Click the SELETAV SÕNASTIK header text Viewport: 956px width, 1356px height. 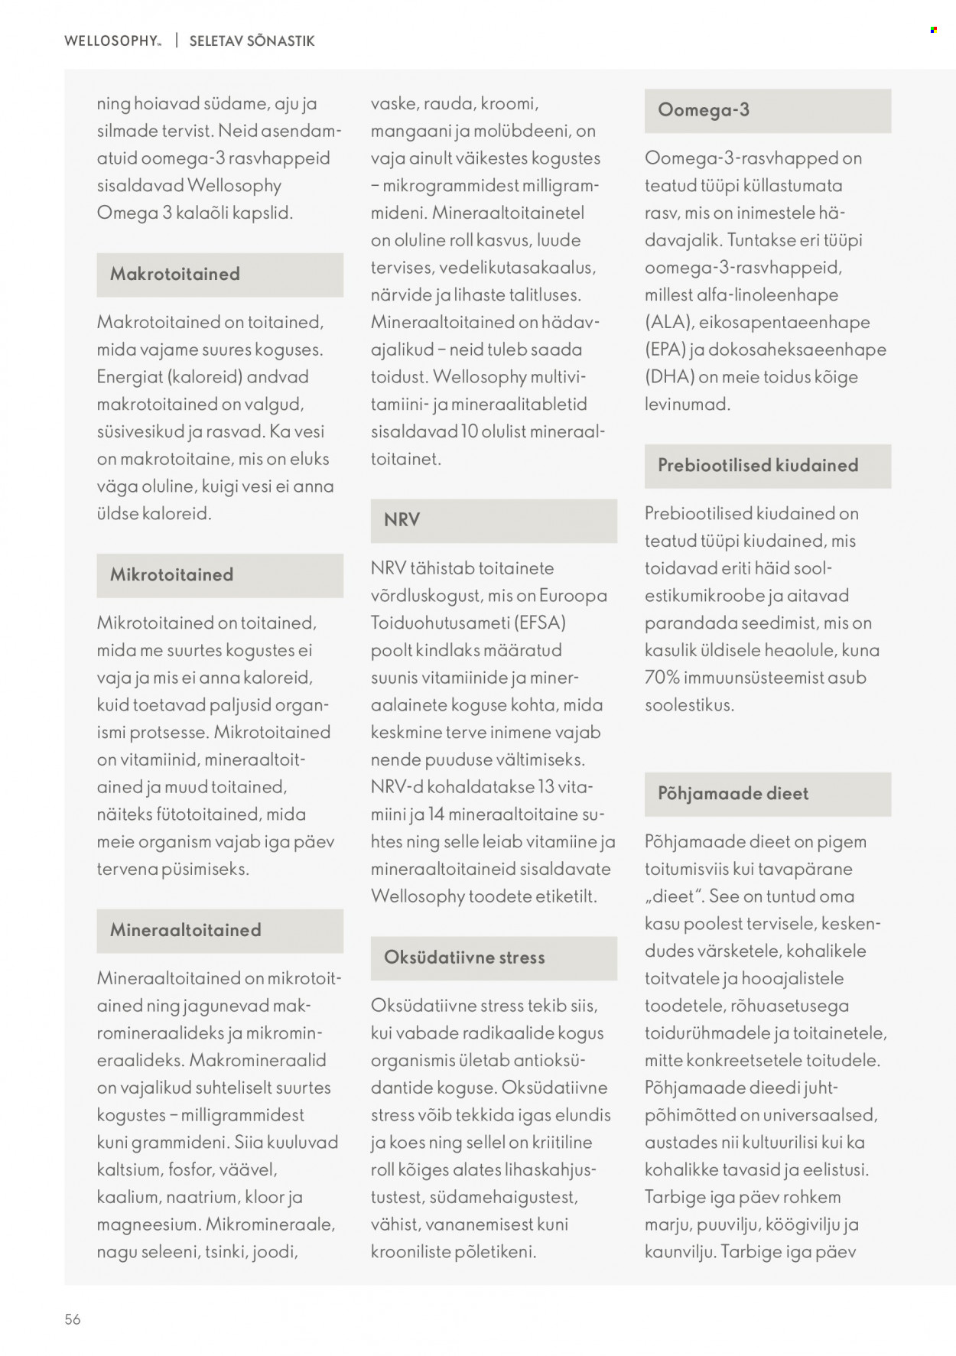252,41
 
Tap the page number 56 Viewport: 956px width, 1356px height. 73,1319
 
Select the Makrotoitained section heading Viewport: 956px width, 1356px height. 175,274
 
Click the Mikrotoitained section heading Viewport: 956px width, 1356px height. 172,574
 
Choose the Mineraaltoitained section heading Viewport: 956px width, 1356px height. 186,930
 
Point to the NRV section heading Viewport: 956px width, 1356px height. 402,520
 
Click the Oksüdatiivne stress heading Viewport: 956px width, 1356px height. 464,958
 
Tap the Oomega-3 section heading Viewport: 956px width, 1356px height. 704,110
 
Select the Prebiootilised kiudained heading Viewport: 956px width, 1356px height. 758,465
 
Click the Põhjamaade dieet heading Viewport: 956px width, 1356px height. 733,793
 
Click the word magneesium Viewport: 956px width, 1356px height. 149,1224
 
